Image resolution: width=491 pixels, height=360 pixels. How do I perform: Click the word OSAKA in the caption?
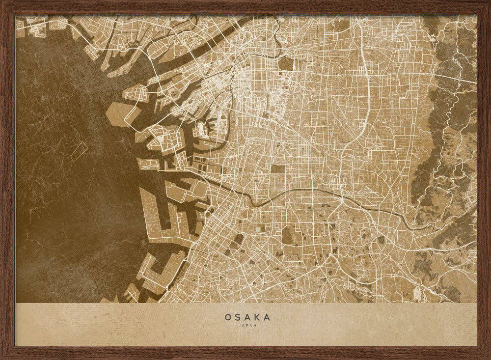247,317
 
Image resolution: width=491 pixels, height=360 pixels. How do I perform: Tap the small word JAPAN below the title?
247,325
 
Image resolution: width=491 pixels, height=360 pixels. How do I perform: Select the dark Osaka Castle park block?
286,64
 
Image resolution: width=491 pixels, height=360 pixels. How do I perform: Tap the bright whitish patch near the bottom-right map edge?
418,294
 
